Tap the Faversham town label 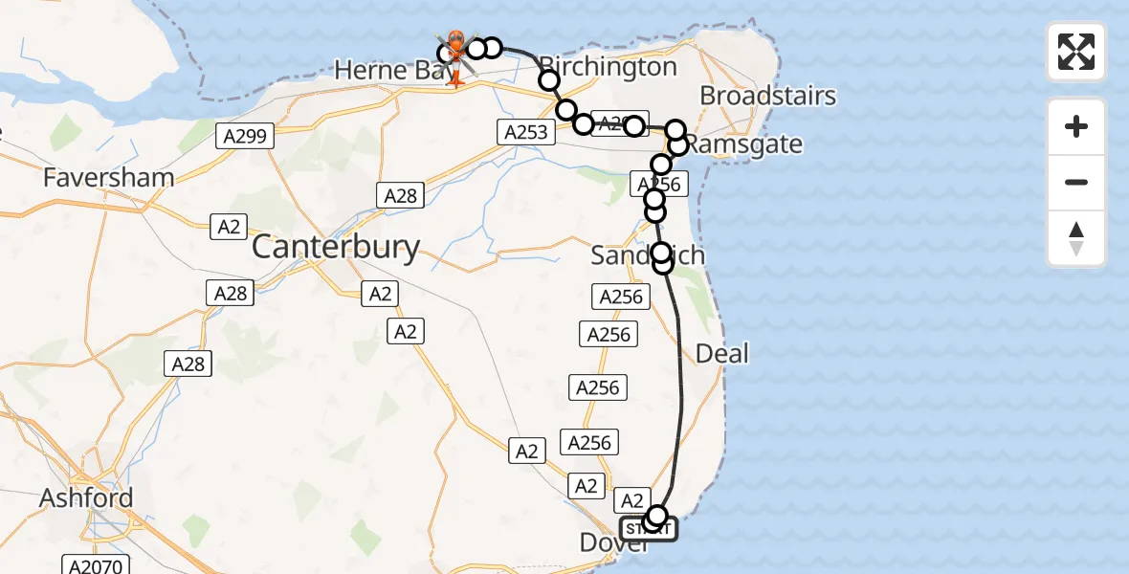click(108, 177)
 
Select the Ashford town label click(86, 498)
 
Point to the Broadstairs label click(768, 96)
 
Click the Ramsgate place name click(743, 144)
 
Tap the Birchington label click(609, 67)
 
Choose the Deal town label click(722, 353)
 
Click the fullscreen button click(1076, 52)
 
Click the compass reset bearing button click(1076, 238)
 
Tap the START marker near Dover click(649, 529)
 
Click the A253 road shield click(525, 132)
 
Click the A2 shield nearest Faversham click(228, 227)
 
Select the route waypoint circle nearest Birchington click(549, 80)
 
